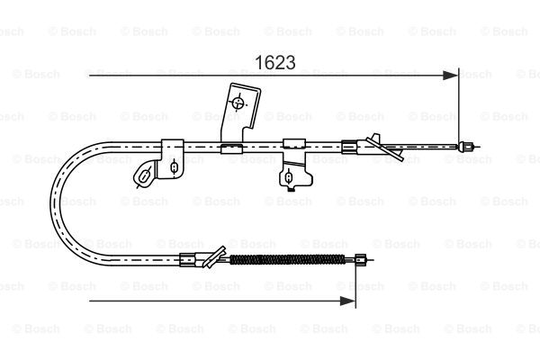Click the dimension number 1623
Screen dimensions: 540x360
click(x=274, y=62)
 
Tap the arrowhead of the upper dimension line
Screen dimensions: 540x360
click(x=451, y=75)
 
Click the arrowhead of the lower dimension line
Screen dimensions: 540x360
click(x=347, y=301)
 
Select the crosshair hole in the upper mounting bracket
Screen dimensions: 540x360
click(x=238, y=103)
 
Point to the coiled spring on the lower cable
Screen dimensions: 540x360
click(x=287, y=259)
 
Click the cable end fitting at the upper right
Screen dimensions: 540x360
click(x=465, y=147)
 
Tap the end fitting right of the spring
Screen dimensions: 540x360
click(x=361, y=259)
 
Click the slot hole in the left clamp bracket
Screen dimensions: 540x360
click(x=174, y=167)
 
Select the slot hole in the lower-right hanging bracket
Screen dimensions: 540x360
click(x=289, y=177)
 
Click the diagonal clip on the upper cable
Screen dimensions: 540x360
click(x=385, y=147)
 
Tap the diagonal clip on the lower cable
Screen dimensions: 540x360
click(x=215, y=257)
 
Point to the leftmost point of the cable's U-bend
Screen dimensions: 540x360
click(x=51, y=203)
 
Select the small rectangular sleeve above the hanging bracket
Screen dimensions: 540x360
click(x=294, y=144)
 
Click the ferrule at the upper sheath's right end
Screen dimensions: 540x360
click(x=349, y=147)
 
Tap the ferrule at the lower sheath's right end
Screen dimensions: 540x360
click(x=188, y=259)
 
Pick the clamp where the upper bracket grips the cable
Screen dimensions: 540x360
click(x=231, y=148)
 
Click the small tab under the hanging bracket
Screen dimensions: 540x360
click(x=291, y=188)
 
